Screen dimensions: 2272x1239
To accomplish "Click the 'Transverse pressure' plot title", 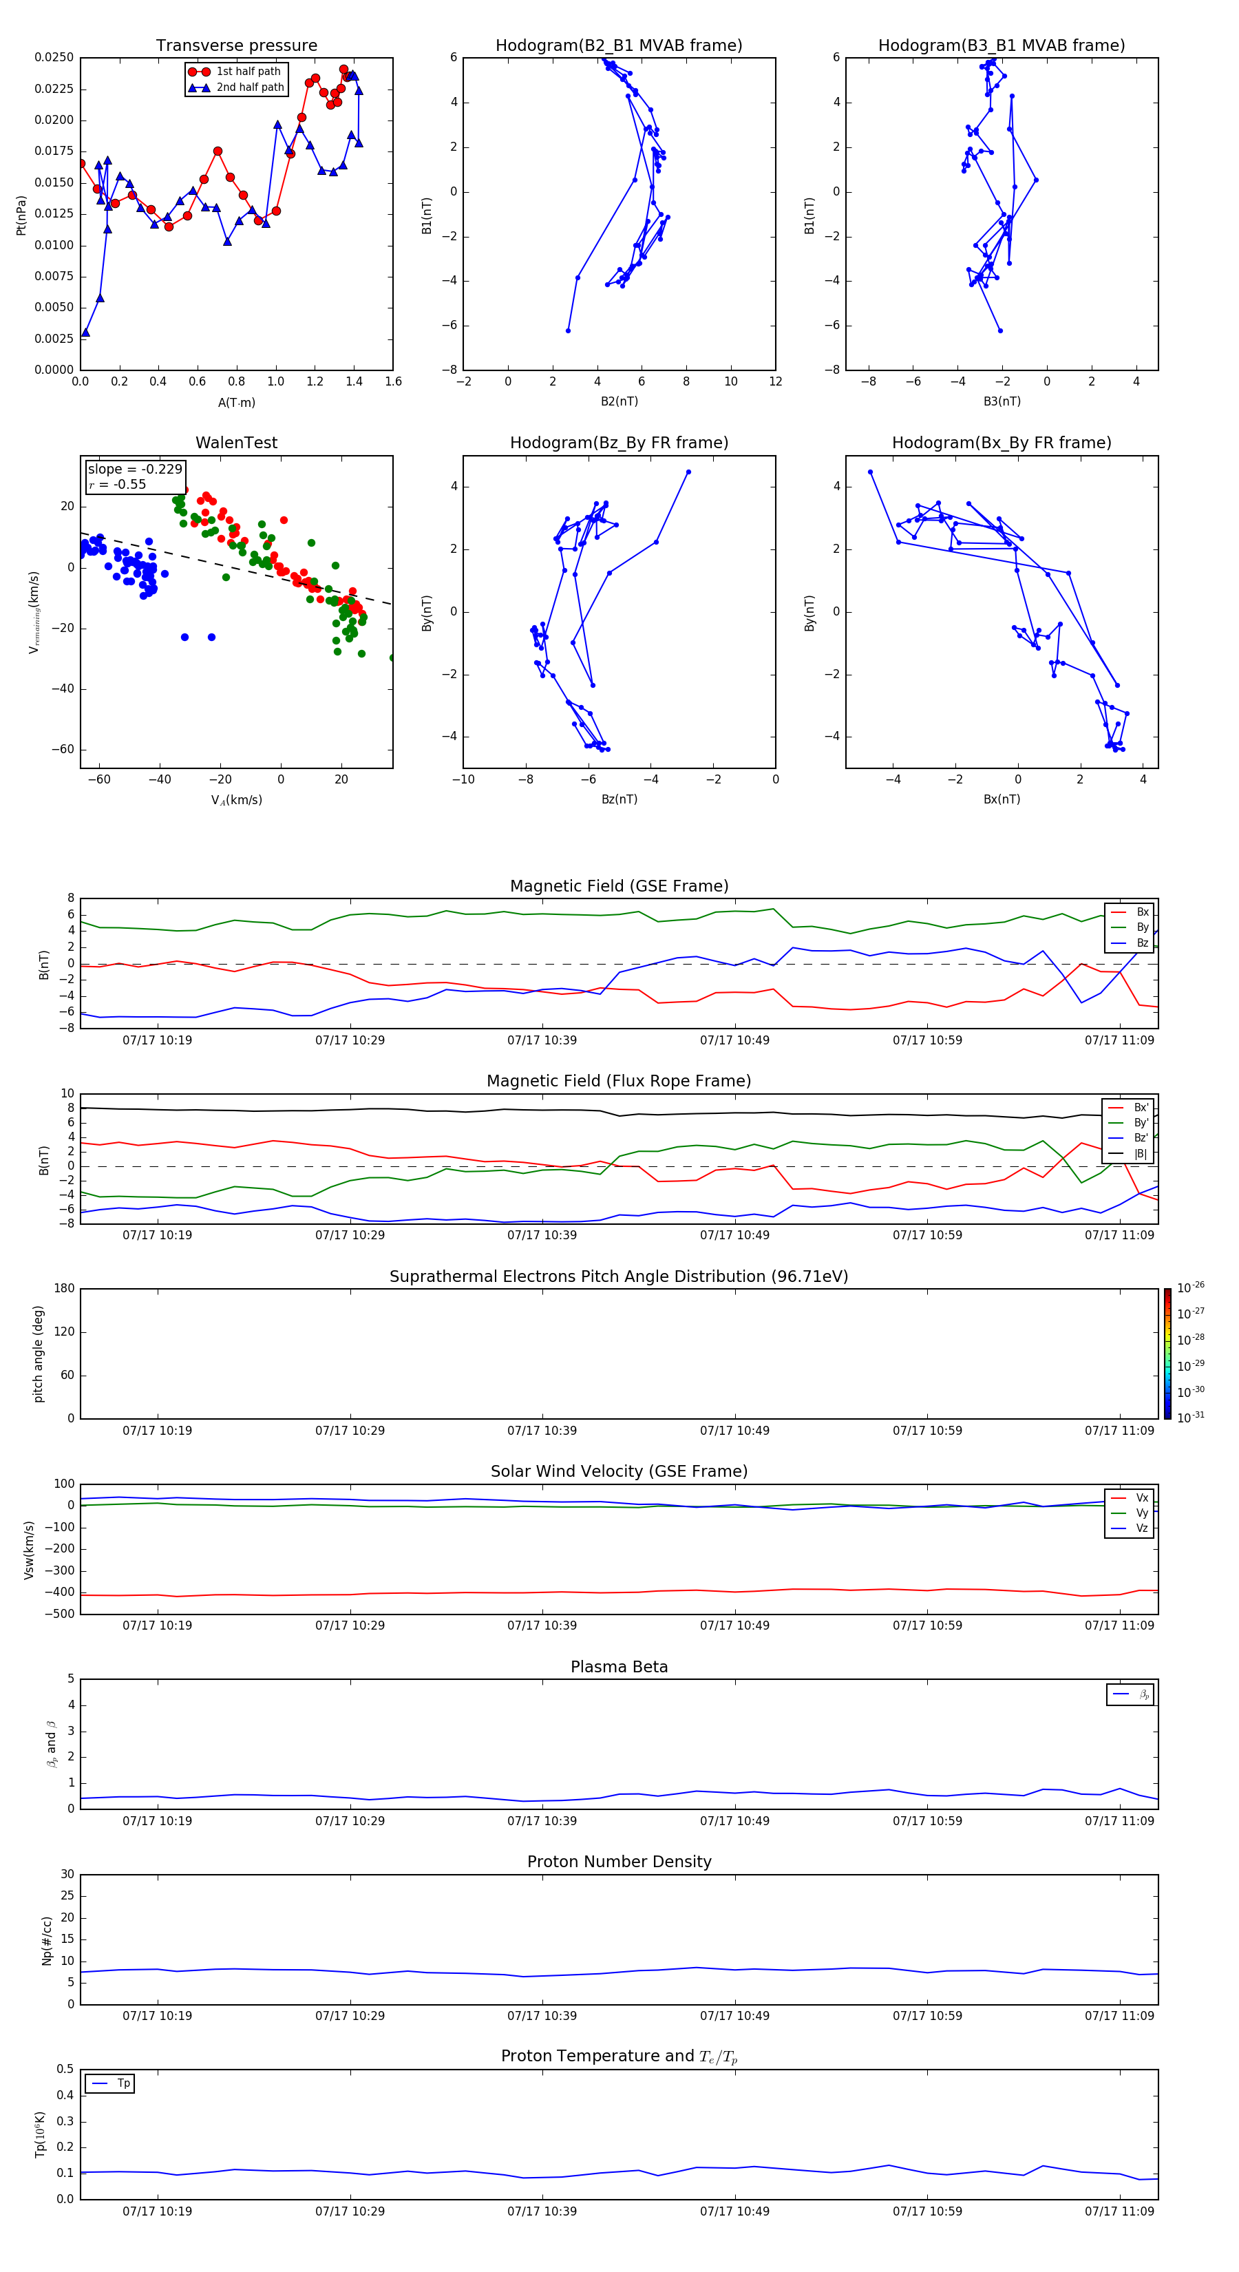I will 236,46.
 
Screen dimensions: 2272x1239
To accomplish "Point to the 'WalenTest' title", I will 236,443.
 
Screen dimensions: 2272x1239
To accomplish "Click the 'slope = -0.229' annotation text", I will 135,470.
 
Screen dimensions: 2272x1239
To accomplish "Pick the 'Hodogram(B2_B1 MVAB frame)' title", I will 618,46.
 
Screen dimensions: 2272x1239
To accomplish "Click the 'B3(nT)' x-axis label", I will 1002,401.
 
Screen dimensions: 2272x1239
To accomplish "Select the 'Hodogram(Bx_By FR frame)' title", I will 1001,443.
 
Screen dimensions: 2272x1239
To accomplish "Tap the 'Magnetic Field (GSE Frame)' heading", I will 619,886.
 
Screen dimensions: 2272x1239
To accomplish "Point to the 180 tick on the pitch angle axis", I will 65,1289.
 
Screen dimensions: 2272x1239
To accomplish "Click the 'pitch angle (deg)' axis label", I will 39,1354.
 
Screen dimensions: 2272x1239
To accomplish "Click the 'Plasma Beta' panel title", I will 619,1667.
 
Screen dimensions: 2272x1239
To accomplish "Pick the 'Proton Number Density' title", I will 619,1862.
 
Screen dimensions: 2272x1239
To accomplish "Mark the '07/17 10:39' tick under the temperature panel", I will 542,2211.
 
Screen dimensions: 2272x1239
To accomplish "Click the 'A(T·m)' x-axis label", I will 236,403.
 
